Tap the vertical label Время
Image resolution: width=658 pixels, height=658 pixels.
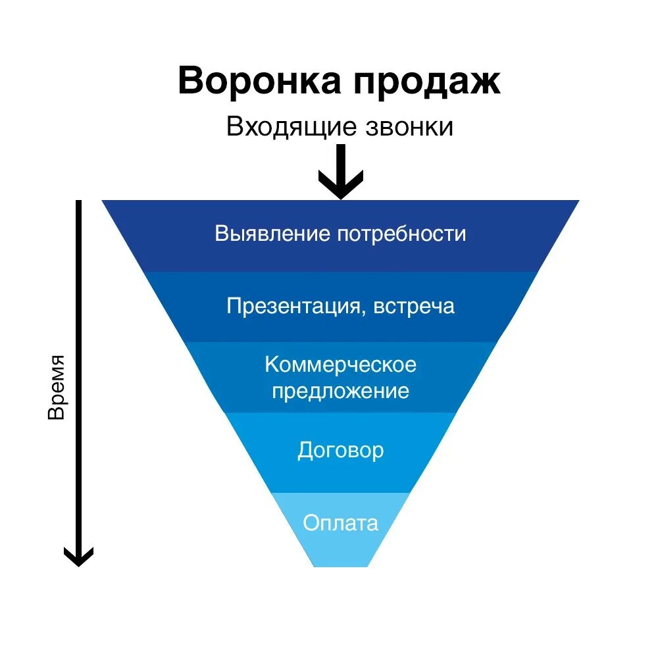(57, 388)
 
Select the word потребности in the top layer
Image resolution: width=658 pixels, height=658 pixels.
(402, 234)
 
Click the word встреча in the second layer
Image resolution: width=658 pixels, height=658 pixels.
(415, 307)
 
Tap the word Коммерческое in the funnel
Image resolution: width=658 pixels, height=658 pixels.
(341, 364)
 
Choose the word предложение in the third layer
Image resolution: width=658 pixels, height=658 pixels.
(341, 391)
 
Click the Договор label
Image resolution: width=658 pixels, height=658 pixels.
(341, 451)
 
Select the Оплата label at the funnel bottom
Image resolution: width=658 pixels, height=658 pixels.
(341, 523)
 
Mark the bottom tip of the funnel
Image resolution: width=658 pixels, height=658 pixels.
(341, 565)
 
